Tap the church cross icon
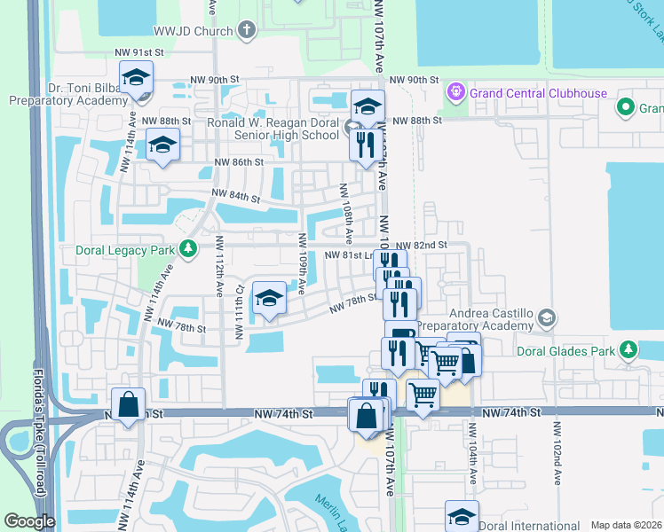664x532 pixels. click(x=247, y=30)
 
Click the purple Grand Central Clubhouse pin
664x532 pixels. click(x=457, y=90)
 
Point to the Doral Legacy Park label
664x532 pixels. click(x=124, y=250)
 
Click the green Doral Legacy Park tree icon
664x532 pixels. click(x=187, y=249)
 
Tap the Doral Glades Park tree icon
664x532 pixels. click(x=628, y=350)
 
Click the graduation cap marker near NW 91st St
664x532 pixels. click(x=137, y=78)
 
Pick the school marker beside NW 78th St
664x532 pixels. click(x=269, y=300)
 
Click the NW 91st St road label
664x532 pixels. click(x=138, y=53)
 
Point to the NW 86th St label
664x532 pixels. click(x=239, y=162)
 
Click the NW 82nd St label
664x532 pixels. click(x=420, y=245)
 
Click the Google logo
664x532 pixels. click(x=29, y=521)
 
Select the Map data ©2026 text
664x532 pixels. click(x=626, y=525)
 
